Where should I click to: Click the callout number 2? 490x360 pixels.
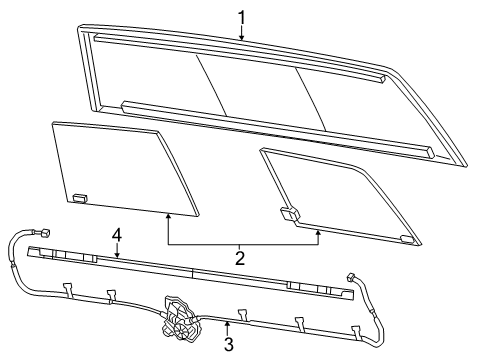point(240,258)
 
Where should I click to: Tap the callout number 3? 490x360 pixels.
point(228,345)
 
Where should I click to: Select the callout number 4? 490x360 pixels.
point(116,235)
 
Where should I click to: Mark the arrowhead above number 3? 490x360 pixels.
point(228,322)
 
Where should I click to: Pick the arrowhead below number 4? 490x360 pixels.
point(116,256)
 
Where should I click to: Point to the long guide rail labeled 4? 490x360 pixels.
point(190,271)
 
